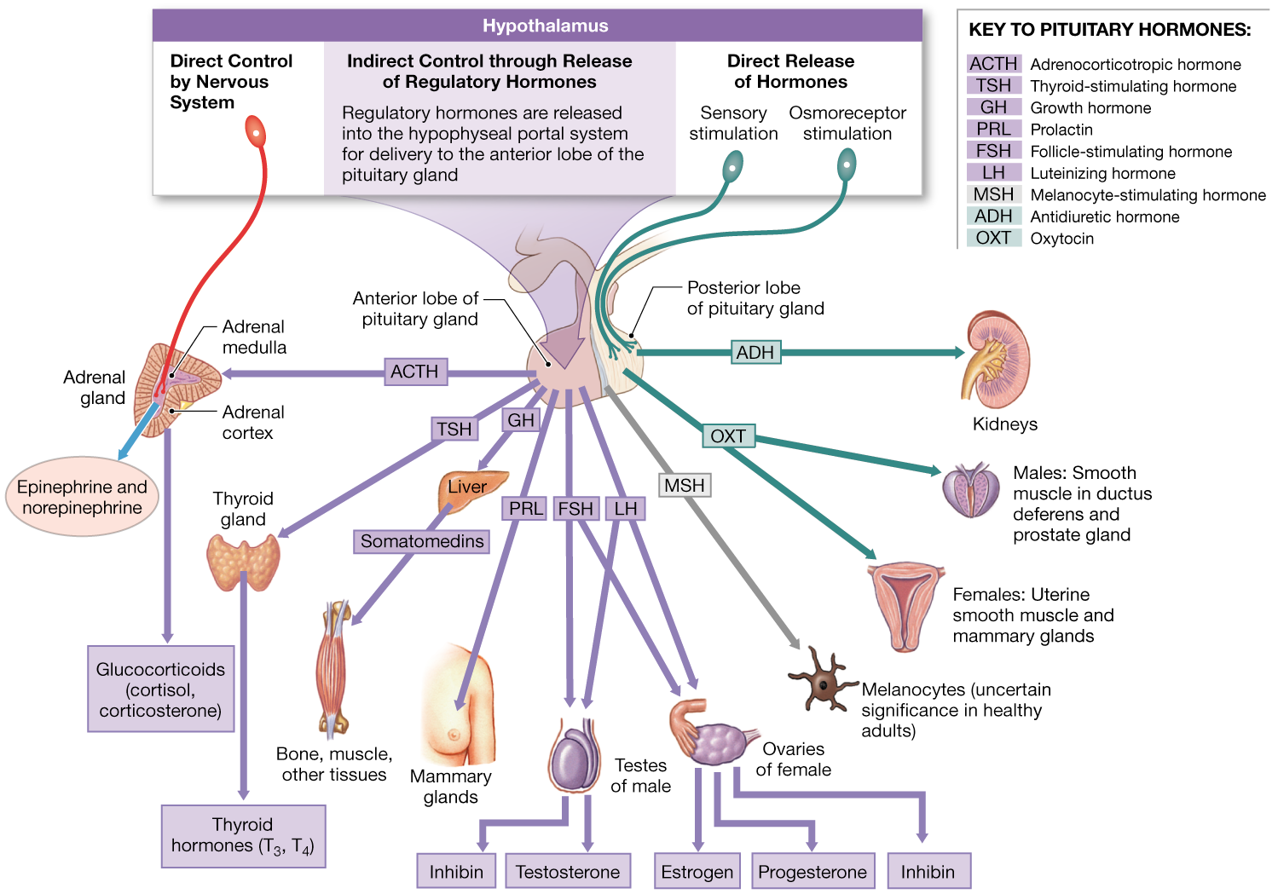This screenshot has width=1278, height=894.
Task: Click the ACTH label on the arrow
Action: (414, 372)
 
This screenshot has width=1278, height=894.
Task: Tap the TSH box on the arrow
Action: (454, 429)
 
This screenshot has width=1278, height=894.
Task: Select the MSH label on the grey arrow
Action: (685, 485)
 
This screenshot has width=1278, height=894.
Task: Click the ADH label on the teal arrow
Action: (755, 352)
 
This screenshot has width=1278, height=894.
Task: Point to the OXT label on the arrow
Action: (728, 436)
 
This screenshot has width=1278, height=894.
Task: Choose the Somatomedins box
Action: (421, 541)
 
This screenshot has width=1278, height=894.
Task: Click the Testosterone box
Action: (568, 872)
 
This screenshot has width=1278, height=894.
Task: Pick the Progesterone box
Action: (812, 872)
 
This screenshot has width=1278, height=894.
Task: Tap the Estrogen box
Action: (697, 872)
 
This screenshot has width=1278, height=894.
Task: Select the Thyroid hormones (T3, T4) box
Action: (243, 835)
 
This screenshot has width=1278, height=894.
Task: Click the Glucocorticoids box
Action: (160, 689)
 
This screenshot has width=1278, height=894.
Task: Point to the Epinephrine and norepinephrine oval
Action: (82, 497)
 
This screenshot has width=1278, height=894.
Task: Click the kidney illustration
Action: (997, 358)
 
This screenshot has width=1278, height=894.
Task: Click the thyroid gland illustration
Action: (243, 562)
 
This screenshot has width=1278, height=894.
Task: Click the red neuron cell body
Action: (255, 133)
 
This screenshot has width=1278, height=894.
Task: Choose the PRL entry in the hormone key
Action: (994, 129)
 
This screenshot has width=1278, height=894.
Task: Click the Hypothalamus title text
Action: (545, 26)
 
